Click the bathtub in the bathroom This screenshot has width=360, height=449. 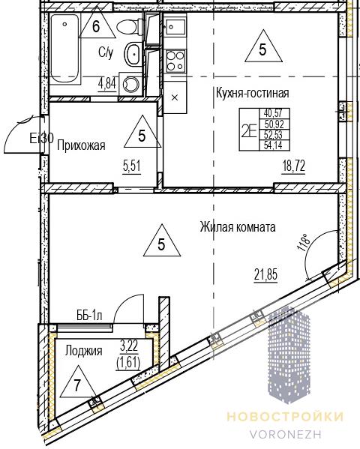pos(64,48)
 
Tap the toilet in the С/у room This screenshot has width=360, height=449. pos(130,26)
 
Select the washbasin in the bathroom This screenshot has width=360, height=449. pos(133,54)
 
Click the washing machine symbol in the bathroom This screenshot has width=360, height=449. pos(130,84)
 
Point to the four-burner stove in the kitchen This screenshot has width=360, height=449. pos(175,61)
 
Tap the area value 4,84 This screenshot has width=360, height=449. pos(107,85)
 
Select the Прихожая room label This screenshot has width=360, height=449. pos(82,145)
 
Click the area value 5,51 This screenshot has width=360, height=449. pos(132,166)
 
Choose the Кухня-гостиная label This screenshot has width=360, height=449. pos(252,93)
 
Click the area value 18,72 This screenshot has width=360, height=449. pos(293,166)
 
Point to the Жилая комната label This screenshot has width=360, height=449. pos(238,227)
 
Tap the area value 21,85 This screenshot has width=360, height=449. pos(265,275)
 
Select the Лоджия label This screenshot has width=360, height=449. pos(84,351)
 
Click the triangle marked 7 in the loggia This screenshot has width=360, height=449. pos(76,384)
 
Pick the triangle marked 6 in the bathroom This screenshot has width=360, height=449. pos(97,24)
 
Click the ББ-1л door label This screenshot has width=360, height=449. pos(89,316)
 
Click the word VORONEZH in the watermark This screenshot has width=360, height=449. pos(286,434)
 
